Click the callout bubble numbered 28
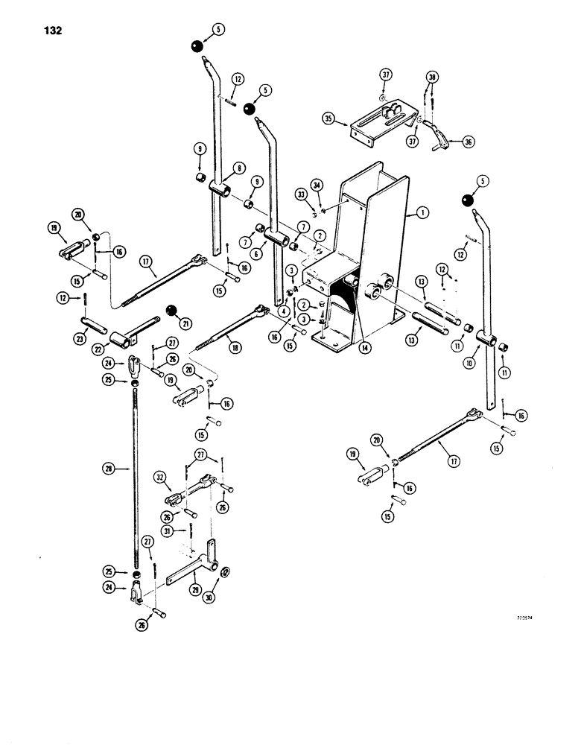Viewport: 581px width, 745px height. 108,469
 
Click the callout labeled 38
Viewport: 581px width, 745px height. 432,77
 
